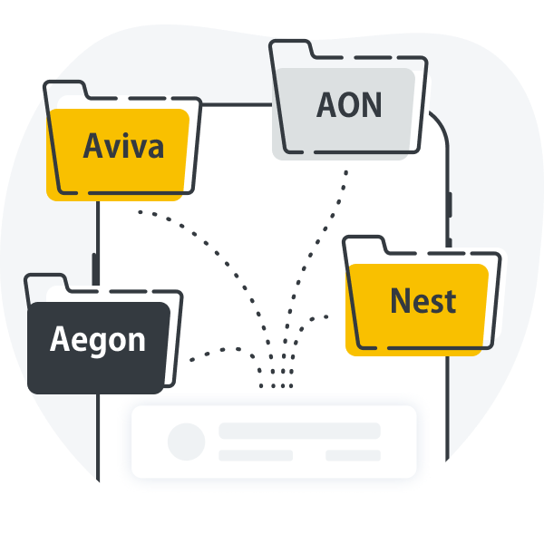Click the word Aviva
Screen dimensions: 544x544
[x=123, y=145]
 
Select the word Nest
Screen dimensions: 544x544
[x=423, y=300]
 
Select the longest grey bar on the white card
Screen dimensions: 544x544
[x=299, y=431]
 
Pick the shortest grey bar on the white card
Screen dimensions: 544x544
[x=353, y=455]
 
